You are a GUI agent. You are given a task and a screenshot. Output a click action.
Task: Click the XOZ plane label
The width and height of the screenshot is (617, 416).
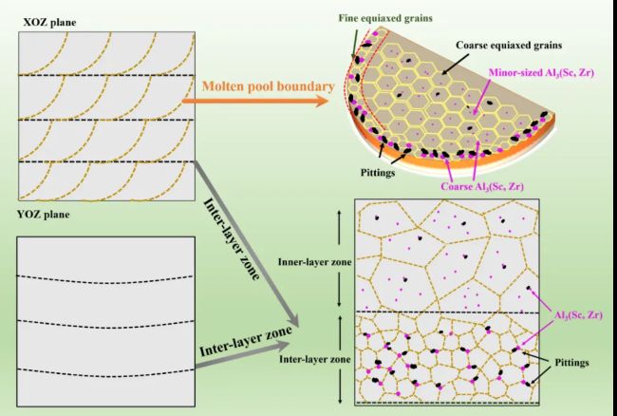pyautogui.click(x=49, y=22)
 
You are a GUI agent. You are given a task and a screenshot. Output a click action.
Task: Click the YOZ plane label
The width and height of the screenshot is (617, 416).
pyautogui.click(x=44, y=215)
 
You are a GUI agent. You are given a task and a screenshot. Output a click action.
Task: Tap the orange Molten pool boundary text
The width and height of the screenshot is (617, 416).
pyautogui.click(x=268, y=86)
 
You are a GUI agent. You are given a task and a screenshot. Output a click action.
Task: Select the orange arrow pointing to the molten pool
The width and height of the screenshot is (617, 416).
pyautogui.click(x=255, y=101)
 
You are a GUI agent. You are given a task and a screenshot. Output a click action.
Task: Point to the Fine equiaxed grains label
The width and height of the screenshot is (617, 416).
pyautogui.click(x=385, y=18)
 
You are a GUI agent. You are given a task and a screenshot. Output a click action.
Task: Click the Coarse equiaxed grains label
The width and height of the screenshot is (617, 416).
pyautogui.click(x=509, y=46)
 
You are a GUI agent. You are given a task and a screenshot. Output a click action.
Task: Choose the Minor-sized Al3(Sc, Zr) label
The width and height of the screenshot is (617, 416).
pyautogui.click(x=541, y=73)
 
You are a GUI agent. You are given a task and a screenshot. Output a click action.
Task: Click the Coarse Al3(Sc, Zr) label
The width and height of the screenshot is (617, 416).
pyautogui.click(x=482, y=186)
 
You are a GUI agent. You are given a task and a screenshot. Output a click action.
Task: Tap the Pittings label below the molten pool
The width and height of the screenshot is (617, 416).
pyautogui.click(x=378, y=172)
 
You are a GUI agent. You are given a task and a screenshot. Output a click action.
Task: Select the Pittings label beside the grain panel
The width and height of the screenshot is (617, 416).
pyautogui.click(x=571, y=362)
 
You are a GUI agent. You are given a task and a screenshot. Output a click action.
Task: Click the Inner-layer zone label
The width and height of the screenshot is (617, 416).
pyautogui.click(x=315, y=262)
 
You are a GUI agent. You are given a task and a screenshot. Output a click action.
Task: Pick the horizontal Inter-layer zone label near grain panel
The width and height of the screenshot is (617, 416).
pyautogui.click(x=315, y=359)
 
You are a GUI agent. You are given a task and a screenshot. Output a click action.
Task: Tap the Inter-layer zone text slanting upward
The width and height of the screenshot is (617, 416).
pyautogui.click(x=246, y=341)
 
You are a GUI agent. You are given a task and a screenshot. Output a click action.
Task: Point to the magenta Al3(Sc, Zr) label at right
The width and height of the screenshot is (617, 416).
pyautogui.click(x=578, y=315)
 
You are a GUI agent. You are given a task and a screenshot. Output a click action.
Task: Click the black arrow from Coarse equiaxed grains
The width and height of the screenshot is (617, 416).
pyautogui.click(x=456, y=64)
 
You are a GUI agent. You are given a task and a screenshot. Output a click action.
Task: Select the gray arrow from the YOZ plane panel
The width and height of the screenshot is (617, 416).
pyautogui.click(x=243, y=356)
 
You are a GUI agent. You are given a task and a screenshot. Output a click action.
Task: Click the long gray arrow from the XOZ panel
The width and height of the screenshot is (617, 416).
pyautogui.click(x=247, y=244)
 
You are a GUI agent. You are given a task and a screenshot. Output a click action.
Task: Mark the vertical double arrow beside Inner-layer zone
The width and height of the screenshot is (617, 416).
pyautogui.click(x=340, y=258)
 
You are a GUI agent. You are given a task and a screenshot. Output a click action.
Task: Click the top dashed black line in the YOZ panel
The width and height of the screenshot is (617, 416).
pyautogui.click(x=105, y=280)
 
